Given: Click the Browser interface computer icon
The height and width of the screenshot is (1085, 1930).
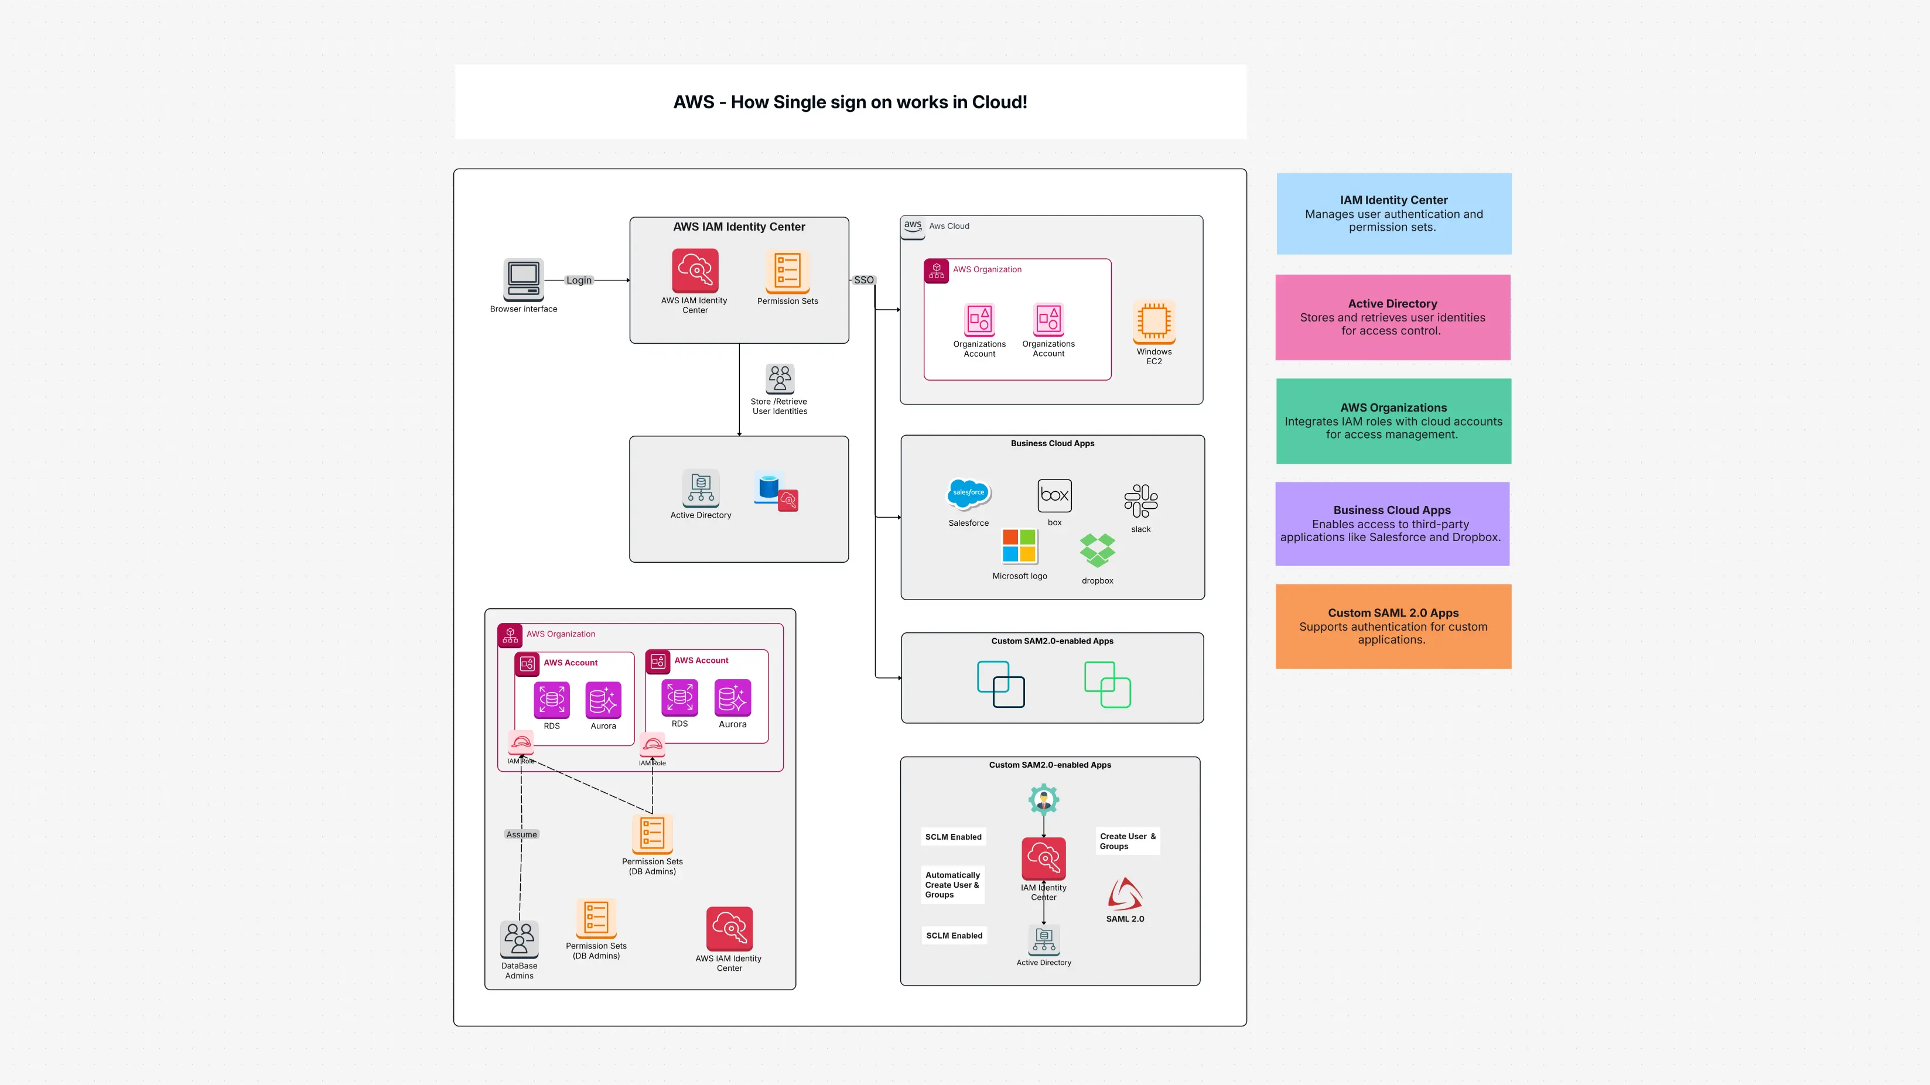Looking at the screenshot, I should point(523,280).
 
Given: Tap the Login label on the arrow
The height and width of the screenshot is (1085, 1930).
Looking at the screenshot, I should point(578,280).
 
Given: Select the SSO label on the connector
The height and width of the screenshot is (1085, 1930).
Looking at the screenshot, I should point(863,280).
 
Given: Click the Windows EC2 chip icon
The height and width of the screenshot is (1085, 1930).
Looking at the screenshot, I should point(1154,322).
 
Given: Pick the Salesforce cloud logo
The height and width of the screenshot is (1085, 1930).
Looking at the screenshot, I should point(968,494).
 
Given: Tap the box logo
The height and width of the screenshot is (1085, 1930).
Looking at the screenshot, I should point(1054,495).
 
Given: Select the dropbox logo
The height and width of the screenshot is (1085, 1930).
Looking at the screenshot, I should point(1097,550).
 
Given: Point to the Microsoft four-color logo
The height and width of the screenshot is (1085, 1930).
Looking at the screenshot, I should point(1019,546).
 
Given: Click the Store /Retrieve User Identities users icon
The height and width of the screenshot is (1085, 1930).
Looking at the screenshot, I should point(779,379).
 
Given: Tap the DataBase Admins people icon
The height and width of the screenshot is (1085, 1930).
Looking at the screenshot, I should point(519,938).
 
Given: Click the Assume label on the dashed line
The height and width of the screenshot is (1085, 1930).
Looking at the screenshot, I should point(521,834).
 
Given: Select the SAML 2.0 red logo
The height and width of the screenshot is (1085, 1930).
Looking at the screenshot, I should point(1125,894).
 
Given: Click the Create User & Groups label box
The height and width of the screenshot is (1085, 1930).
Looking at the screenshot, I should point(1128,841).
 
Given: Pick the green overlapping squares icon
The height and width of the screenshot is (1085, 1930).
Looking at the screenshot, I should point(1106,684).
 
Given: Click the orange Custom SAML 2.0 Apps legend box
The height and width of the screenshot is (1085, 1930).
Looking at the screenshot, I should point(1393,626).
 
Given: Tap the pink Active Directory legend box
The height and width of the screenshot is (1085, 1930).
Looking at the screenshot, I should point(1392,317).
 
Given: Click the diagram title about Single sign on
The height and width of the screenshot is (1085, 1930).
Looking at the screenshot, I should point(850,102).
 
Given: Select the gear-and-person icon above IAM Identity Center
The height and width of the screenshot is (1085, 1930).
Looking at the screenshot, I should point(1043,799).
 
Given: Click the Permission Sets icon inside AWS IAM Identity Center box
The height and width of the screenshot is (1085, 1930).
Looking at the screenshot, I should point(787,271).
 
